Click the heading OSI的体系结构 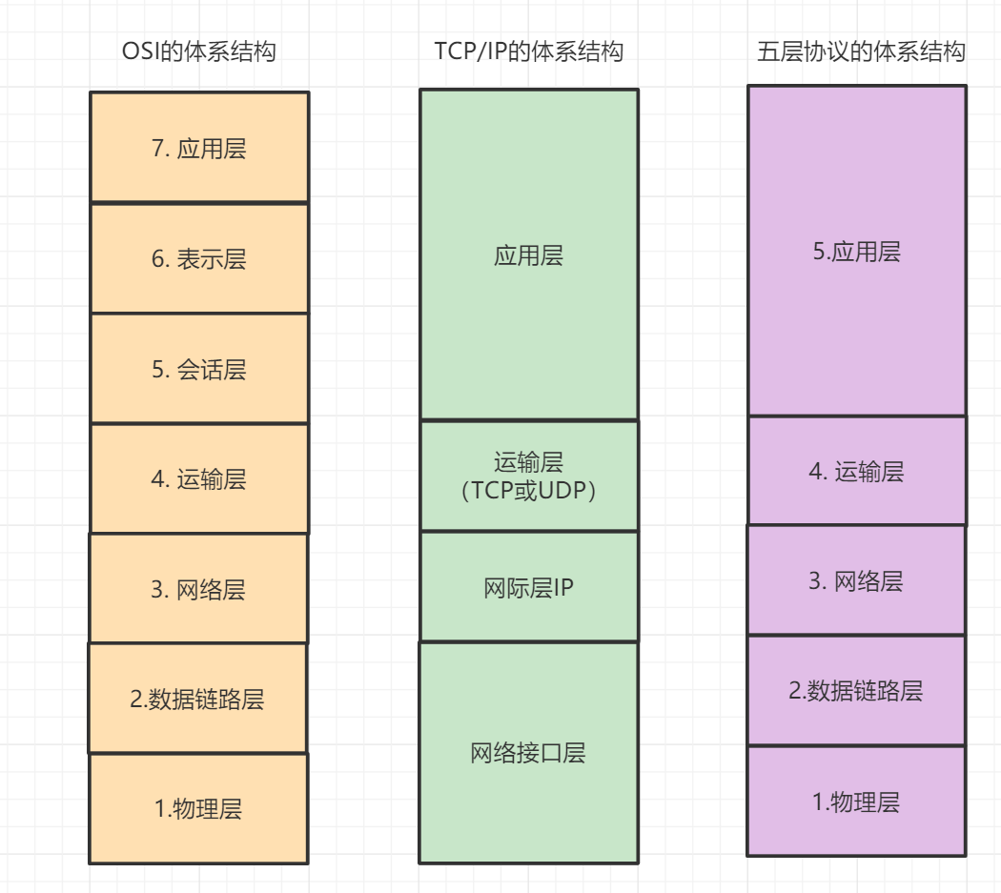(x=198, y=51)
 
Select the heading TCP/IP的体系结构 (x=528, y=51)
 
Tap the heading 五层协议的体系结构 (x=861, y=51)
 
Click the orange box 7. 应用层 (x=198, y=148)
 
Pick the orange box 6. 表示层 (x=198, y=258)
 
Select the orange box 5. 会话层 (x=198, y=369)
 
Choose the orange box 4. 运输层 (x=198, y=478)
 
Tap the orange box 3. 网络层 (x=198, y=589)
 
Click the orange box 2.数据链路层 (x=197, y=700)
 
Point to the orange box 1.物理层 (x=198, y=808)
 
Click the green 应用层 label (x=528, y=255)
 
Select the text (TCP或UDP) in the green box (x=528, y=491)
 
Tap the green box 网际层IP (x=528, y=588)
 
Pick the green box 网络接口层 (x=528, y=753)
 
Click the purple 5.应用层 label (x=856, y=252)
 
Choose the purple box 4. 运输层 (x=856, y=471)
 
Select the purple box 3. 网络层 (x=856, y=580)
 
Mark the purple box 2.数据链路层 (x=856, y=690)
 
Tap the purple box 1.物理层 (x=856, y=802)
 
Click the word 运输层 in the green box (x=528, y=463)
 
